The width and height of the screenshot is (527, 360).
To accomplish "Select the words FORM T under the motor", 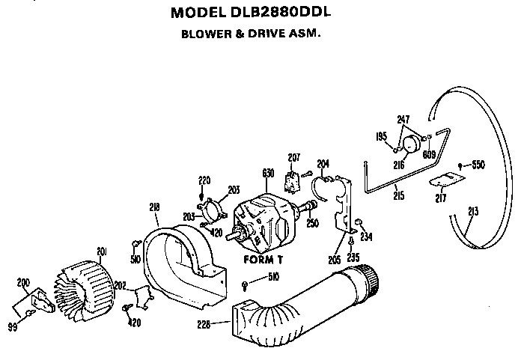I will tap(263, 260).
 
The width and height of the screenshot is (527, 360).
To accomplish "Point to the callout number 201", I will tap(102, 251).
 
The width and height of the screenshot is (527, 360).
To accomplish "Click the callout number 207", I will tap(294, 157).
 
